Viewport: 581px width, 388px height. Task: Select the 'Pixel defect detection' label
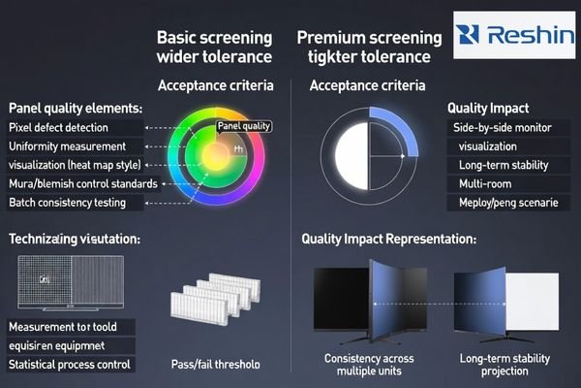point(58,128)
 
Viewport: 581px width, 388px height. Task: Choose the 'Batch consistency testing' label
point(74,203)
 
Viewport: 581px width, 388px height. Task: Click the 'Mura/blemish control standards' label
point(81,183)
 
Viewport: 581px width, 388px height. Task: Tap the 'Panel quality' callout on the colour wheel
point(243,126)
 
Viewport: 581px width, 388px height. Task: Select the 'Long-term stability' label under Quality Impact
point(502,165)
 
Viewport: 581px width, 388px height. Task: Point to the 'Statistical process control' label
point(70,365)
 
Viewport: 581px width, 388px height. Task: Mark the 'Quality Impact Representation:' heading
point(388,238)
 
